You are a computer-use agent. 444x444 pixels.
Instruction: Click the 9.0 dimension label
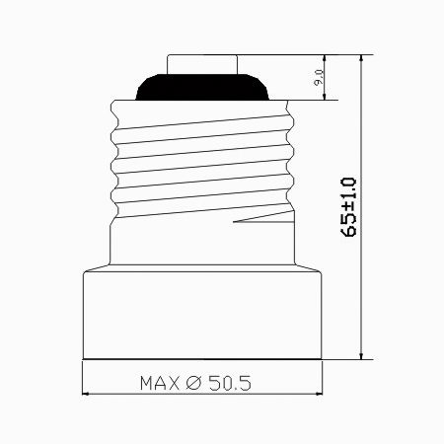pos(319,78)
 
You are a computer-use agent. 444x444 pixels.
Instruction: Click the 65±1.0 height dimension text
pos(348,207)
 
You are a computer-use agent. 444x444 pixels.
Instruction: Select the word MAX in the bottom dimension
pos(160,383)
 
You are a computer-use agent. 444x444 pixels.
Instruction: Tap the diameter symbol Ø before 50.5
pos(193,383)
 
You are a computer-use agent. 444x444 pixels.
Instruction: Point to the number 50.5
pos(230,383)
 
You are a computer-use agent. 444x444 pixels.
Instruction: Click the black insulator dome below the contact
pos(202,87)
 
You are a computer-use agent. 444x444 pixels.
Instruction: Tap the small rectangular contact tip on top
pos(202,64)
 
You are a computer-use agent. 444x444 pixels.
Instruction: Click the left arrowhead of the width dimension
pos(85,394)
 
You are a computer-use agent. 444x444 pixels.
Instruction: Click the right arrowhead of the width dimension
pos(319,394)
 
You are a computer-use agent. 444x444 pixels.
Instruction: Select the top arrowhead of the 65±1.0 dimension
pos(361,58)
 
